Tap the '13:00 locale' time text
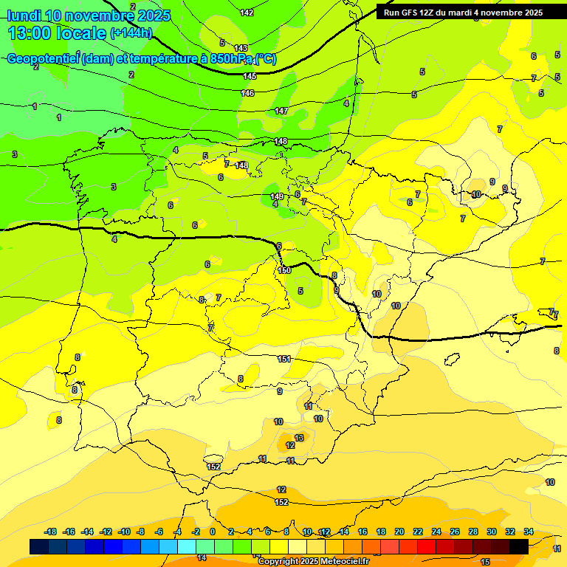pos(57,32)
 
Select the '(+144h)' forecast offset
pos(131,32)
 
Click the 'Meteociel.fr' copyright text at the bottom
pos(339,562)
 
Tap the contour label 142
pos(247,13)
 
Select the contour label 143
pos(241,48)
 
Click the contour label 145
pos(250,76)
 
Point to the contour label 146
pos(247,93)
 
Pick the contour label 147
pos(281,111)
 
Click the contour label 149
pos(276,196)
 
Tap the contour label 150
pos(284,271)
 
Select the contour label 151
pos(284,359)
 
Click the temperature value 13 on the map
pos(298,438)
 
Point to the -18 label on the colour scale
pos(50,532)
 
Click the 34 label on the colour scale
pos(528,532)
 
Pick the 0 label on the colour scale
pos(212,532)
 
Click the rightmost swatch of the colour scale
pos(519,546)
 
